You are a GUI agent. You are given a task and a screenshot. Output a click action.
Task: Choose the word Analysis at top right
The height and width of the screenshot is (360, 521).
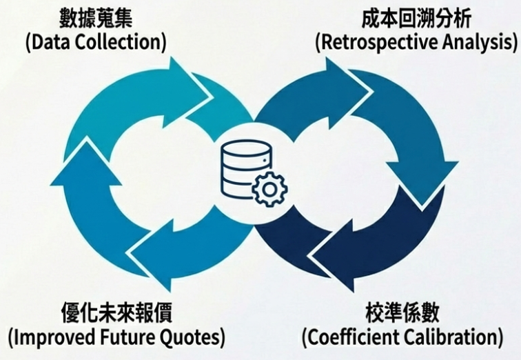(x=478, y=41)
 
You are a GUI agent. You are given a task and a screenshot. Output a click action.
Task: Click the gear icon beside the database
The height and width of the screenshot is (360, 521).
(x=268, y=187)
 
